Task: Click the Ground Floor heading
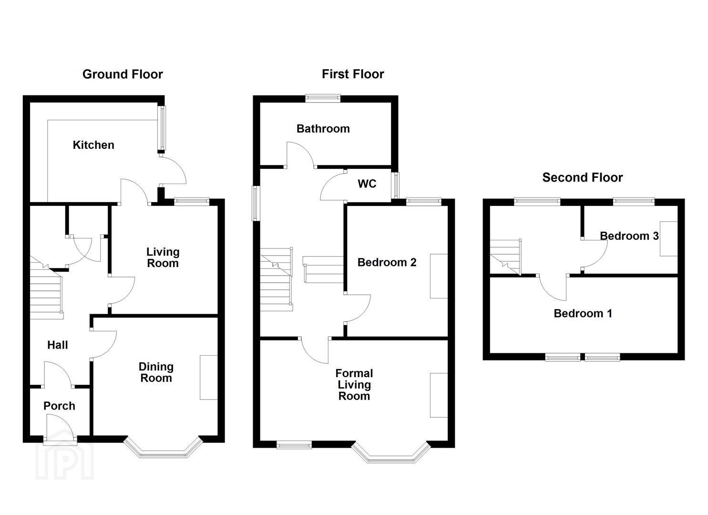click(123, 74)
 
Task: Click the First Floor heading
click(353, 74)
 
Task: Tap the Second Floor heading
click(583, 177)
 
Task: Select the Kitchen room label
click(93, 145)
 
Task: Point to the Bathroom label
click(323, 129)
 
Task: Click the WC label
click(367, 184)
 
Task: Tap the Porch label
click(60, 406)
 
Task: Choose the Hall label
click(58, 345)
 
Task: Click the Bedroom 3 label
click(629, 236)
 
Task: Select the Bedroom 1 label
click(583, 313)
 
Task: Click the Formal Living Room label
click(354, 384)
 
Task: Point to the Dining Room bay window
click(163, 448)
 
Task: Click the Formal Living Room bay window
click(391, 453)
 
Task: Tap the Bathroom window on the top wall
click(323, 98)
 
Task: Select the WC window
click(395, 185)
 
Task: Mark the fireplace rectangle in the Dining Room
click(209, 378)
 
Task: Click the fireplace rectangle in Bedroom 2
click(439, 276)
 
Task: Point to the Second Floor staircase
click(505, 257)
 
